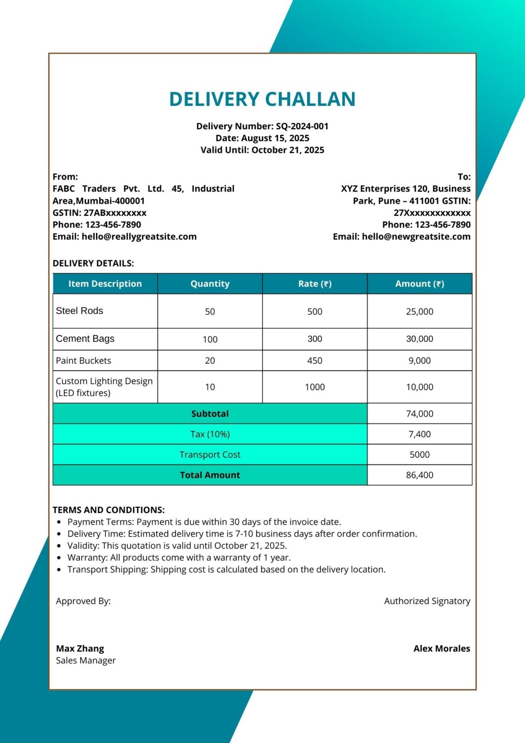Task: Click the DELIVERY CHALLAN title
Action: pyautogui.click(x=262, y=99)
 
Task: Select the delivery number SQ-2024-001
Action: pyautogui.click(x=302, y=126)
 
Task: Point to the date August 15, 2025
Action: pyautogui.click(x=275, y=138)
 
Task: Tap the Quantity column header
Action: pyautogui.click(x=210, y=284)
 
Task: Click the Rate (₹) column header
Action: pyautogui.click(x=315, y=284)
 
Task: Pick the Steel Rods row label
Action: pyautogui.click(x=80, y=311)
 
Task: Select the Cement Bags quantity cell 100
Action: pyautogui.click(x=210, y=340)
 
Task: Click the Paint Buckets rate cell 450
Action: pyautogui.click(x=315, y=361)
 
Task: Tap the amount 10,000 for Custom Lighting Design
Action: pyautogui.click(x=419, y=387)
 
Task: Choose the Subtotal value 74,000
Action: pyautogui.click(x=419, y=414)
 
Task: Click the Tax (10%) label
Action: pyautogui.click(x=210, y=434)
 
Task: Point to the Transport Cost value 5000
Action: pyautogui.click(x=419, y=455)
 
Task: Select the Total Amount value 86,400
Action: pyautogui.click(x=419, y=476)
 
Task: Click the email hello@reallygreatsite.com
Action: pyautogui.click(x=139, y=237)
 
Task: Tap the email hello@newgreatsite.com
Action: pyautogui.click(x=416, y=237)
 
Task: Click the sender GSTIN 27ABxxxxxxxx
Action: pyautogui.click(x=115, y=213)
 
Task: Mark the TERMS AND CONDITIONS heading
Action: pyautogui.click(x=109, y=510)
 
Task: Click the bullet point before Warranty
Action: pyautogui.click(x=59, y=558)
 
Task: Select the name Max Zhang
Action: pyautogui.click(x=80, y=649)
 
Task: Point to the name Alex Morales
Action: pyautogui.click(x=441, y=649)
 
